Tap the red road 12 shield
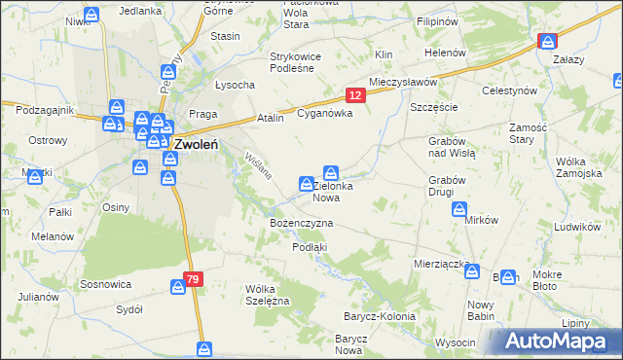355,94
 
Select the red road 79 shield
193,279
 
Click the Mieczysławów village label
403,83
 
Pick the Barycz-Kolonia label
379,316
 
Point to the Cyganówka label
324,114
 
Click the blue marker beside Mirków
459,209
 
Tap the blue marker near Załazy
547,41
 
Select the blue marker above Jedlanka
91,15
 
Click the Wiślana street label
258,170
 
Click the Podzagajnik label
38,110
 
